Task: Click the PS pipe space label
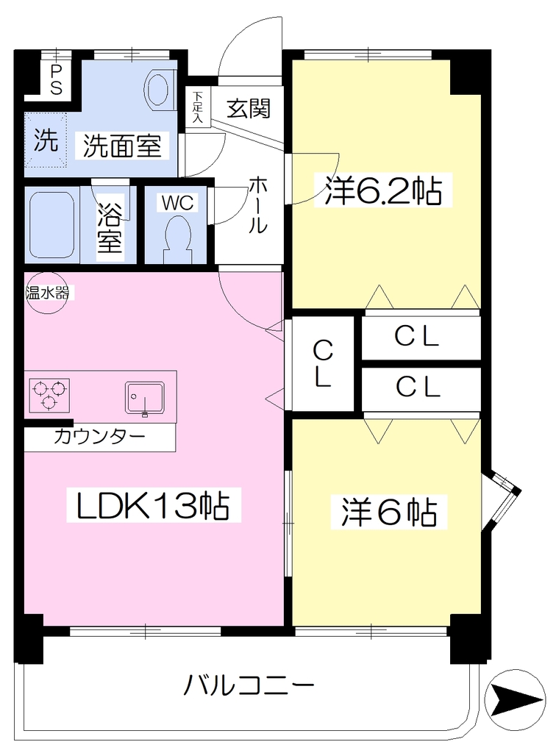[57, 79]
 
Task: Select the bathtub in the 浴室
[52, 225]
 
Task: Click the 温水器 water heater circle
[46, 293]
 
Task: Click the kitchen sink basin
[145, 397]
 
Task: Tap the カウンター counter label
[100, 437]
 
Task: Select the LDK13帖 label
[153, 505]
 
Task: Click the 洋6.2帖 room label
[383, 190]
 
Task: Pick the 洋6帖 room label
[389, 512]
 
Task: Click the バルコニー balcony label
[249, 685]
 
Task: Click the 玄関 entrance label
[249, 109]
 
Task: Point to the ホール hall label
[258, 205]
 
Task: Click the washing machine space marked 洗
[46, 140]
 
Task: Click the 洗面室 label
[122, 145]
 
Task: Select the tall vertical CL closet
[323, 363]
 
